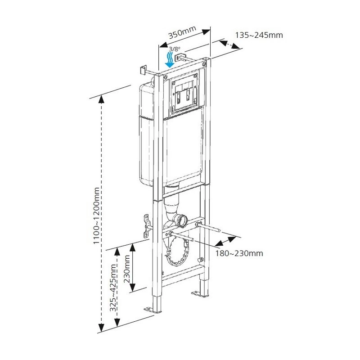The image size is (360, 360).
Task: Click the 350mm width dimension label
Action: (x=182, y=34)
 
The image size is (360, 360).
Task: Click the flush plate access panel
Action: (x=184, y=93)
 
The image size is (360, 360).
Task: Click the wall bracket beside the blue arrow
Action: (x=181, y=58)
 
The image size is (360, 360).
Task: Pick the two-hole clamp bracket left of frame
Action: (x=146, y=226)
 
